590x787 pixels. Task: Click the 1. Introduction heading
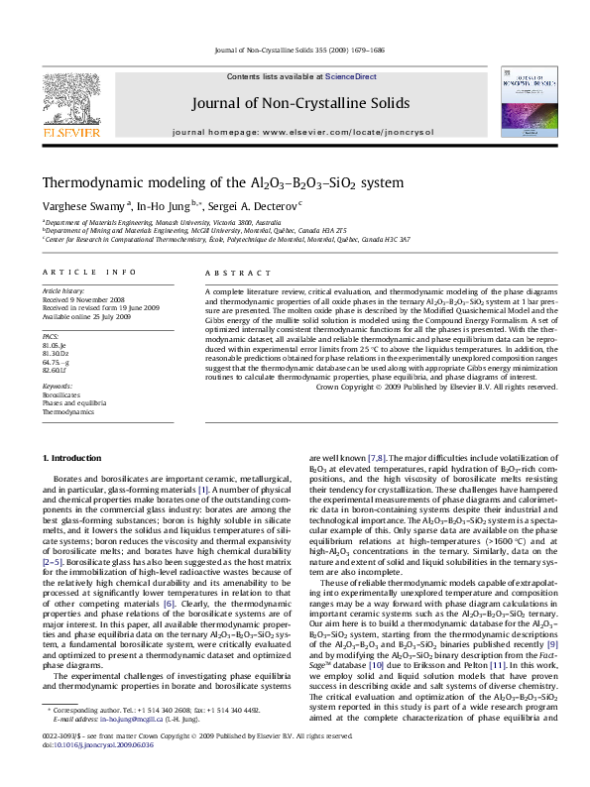74,457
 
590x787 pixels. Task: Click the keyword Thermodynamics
65,410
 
